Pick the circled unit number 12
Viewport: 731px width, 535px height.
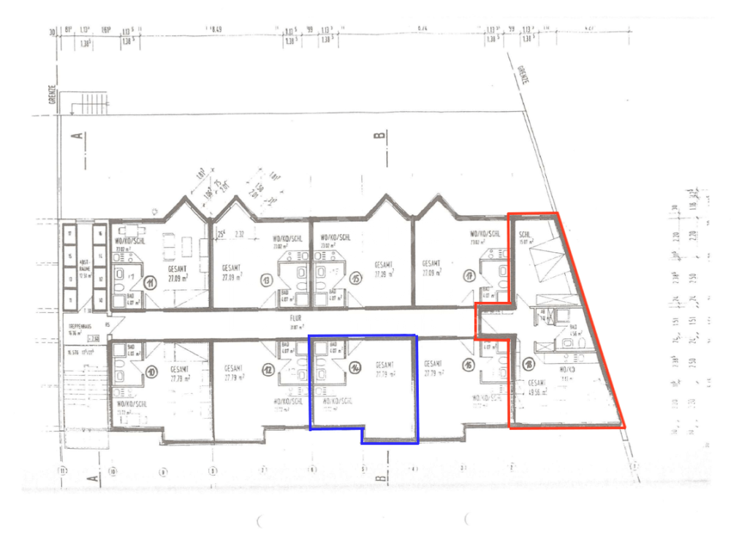point(268,371)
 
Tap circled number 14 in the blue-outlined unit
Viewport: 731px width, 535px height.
point(355,368)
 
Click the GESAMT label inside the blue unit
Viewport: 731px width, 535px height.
point(385,365)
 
